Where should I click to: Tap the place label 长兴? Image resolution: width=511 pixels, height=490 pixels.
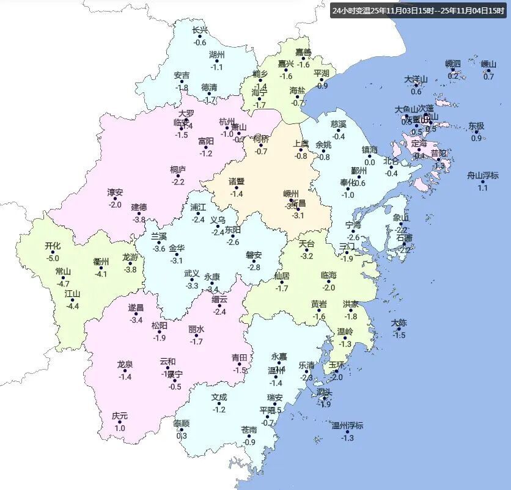click(x=200, y=31)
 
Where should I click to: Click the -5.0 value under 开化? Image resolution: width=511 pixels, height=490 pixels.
click(x=53, y=258)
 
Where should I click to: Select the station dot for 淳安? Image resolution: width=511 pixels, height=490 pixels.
click(x=116, y=199)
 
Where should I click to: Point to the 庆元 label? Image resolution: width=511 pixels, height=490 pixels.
click(x=120, y=416)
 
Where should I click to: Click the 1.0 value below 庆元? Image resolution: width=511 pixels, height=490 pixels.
click(x=120, y=428)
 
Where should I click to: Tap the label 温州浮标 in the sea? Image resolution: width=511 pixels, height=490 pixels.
click(x=347, y=425)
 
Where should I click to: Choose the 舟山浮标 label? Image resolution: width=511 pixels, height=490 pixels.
click(x=483, y=175)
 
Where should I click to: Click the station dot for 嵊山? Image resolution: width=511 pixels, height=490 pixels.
click(x=488, y=70)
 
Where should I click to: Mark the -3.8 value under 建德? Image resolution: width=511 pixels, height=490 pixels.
click(x=139, y=219)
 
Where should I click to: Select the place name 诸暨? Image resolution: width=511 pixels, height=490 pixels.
click(x=237, y=181)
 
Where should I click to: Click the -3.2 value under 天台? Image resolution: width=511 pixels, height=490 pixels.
click(x=306, y=256)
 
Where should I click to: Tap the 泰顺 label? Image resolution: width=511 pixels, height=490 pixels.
click(x=181, y=423)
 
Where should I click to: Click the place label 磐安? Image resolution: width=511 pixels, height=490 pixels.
click(x=254, y=255)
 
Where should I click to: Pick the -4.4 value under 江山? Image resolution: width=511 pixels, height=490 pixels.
click(x=73, y=306)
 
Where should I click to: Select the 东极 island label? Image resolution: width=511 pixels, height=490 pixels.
click(x=476, y=126)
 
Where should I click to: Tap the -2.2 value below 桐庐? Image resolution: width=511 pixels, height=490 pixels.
click(x=178, y=181)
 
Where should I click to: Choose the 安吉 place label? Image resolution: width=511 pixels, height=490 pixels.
click(x=182, y=76)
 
